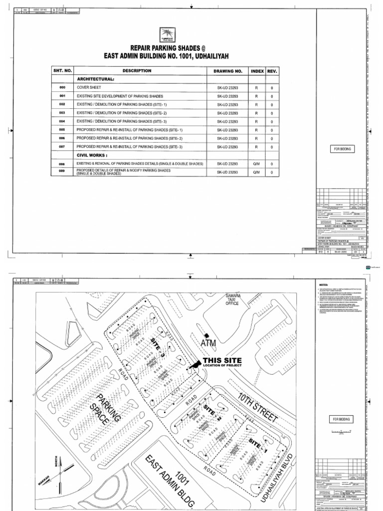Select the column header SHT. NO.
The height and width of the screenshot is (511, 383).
(63, 71)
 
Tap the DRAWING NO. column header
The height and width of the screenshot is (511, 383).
(228, 71)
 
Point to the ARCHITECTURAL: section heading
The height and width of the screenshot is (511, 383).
(95, 79)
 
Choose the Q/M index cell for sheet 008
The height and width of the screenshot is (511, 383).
(257, 164)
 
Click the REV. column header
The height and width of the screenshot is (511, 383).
(272, 71)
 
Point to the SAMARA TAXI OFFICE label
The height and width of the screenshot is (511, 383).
(232, 299)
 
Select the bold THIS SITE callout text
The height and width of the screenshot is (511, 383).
(222, 360)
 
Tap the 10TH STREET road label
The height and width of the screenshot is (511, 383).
(257, 407)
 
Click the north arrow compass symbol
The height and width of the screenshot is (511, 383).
(60, 471)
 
